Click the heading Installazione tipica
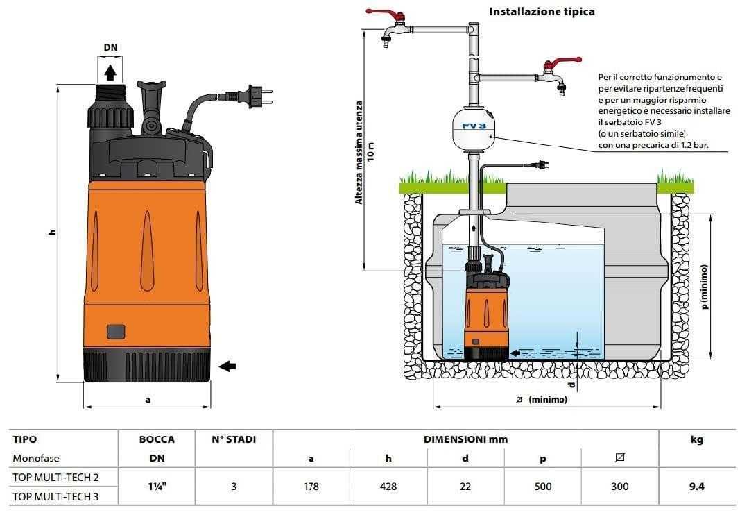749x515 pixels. [x=542, y=12]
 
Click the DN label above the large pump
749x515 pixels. [x=110, y=47]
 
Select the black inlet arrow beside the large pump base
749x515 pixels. [x=227, y=366]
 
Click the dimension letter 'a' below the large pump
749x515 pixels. [x=147, y=400]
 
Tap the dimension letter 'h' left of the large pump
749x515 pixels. [x=52, y=233]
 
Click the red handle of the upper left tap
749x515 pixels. [x=379, y=13]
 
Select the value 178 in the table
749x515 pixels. [x=311, y=487]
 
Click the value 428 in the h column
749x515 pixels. [x=388, y=487]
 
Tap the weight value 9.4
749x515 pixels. [x=696, y=487]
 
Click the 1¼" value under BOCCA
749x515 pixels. [x=157, y=487]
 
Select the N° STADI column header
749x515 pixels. [x=234, y=439]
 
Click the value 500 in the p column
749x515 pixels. [x=543, y=487]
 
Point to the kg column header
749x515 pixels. [x=696, y=439]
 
